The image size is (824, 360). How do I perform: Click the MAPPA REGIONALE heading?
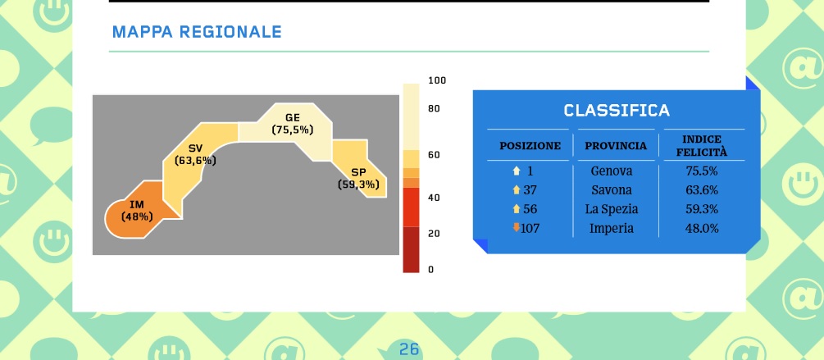point(197,32)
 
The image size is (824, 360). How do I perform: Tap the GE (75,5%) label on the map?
point(293,124)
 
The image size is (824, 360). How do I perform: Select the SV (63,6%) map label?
point(195,154)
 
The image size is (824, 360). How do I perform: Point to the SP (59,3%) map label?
point(358,178)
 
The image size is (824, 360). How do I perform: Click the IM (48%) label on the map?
point(137,210)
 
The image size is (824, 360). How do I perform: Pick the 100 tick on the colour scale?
point(437,80)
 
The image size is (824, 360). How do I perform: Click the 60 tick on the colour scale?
point(434,156)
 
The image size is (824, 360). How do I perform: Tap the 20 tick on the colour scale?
point(434,234)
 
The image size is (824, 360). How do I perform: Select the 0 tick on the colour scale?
point(431,270)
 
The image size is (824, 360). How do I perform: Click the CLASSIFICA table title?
point(617,111)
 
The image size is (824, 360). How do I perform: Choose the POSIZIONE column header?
point(530,146)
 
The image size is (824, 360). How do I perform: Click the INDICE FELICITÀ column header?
point(702,146)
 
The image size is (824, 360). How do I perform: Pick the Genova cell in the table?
point(611,171)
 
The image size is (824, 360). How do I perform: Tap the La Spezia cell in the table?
point(611,209)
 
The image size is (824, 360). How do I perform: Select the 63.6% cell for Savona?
point(702,190)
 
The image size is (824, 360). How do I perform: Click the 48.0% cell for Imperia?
point(702,229)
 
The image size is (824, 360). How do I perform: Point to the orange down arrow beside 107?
point(516,227)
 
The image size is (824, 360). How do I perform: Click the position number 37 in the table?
point(530,190)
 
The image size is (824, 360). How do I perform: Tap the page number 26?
point(409,349)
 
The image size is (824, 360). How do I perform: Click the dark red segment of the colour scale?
point(411,249)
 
